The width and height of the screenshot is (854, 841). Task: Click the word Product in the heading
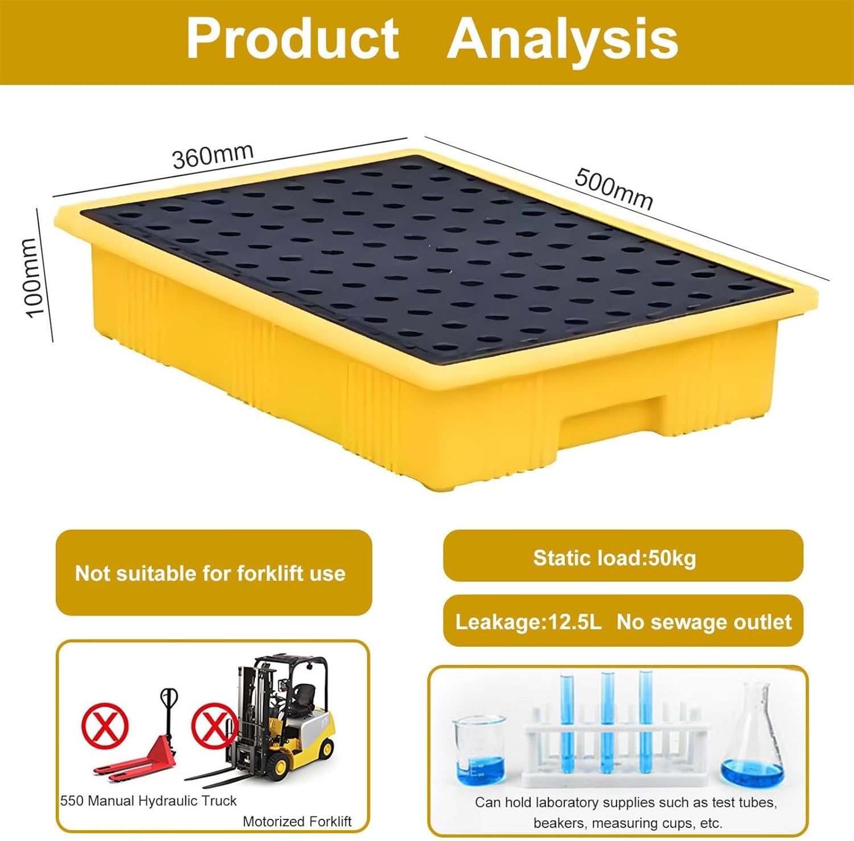[x=293, y=39]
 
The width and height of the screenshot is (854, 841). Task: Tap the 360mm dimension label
[x=212, y=155]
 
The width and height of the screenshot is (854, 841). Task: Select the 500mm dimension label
[x=614, y=188]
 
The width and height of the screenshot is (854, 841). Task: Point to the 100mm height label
[x=33, y=277]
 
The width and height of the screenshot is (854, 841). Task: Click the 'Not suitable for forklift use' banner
[x=211, y=573]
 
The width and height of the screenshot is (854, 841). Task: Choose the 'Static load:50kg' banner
[x=615, y=558]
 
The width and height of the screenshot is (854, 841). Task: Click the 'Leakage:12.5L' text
[x=528, y=622]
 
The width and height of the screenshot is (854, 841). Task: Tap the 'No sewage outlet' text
[x=704, y=622]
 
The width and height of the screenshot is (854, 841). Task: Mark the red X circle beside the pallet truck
[x=104, y=726]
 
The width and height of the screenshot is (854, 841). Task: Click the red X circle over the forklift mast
[x=213, y=726]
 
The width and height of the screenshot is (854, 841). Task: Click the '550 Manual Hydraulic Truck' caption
[x=149, y=801]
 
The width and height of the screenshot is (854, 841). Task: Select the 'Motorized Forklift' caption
[x=297, y=821]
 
